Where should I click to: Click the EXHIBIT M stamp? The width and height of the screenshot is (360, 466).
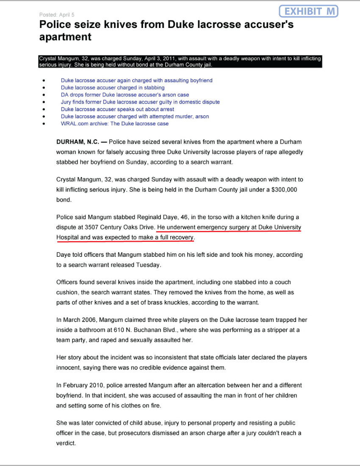click(x=309, y=11)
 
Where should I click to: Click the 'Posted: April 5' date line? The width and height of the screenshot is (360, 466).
click(x=58, y=15)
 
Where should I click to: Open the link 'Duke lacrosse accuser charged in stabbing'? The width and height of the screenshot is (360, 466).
click(x=113, y=88)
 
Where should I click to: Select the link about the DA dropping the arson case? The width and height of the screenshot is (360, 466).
click(x=125, y=95)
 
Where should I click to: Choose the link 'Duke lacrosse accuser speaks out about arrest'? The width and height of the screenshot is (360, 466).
click(x=117, y=109)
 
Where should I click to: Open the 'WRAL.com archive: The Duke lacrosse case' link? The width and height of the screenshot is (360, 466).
click(x=115, y=124)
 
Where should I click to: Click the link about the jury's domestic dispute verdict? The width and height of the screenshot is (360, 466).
click(x=140, y=102)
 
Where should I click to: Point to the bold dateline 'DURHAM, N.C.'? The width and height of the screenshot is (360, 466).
click(x=77, y=142)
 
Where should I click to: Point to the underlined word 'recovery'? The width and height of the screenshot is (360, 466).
click(x=181, y=238)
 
